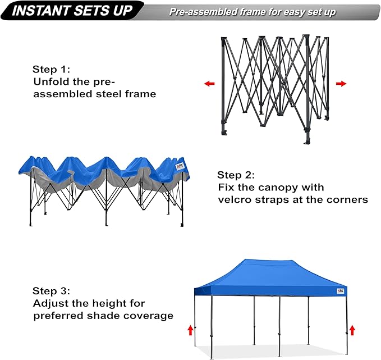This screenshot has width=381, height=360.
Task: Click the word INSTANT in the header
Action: coord(40,10)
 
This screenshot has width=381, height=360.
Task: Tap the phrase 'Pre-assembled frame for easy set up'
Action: coord(253,12)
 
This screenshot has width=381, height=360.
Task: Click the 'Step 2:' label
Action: coord(236,175)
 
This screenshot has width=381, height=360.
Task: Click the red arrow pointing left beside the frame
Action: coord(209,84)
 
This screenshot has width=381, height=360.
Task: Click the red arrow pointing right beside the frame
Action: coord(341,84)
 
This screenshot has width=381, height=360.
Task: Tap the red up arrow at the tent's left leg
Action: coord(190,329)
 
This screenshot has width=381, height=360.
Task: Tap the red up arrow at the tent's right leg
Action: coord(352,329)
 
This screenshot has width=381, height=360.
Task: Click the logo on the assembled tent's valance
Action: coord(340,291)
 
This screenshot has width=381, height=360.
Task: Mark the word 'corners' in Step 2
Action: coord(347,199)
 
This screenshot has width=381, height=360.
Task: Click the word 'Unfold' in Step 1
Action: coord(51,82)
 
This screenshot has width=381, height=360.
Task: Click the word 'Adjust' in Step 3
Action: coord(49,303)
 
